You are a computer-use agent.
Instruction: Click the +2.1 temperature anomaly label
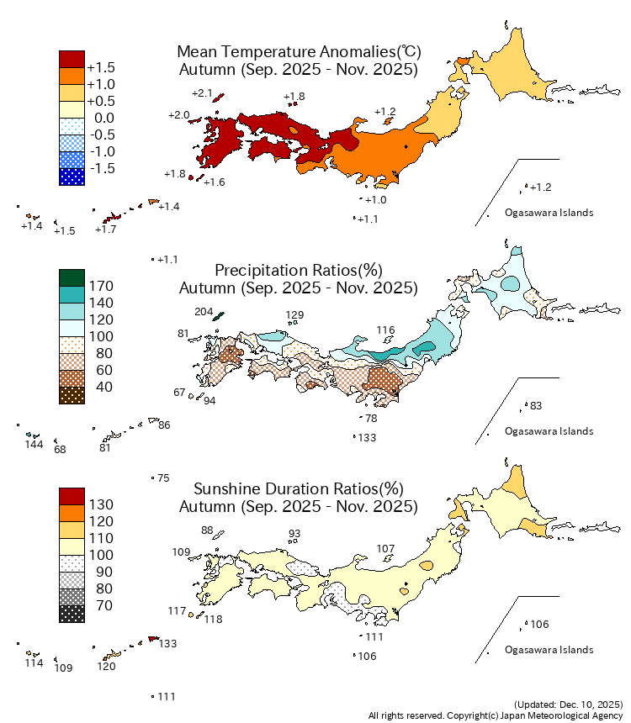[x=202, y=93]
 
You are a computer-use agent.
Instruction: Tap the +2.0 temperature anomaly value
[x=178, y=114]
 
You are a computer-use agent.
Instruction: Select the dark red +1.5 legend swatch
[x=72, y=59]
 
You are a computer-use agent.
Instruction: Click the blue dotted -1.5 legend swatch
[x=72, y=177]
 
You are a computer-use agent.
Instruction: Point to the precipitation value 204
[x=204, y=311]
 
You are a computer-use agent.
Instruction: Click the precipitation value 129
[x=294, y=316]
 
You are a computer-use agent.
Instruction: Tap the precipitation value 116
[x=385, y=330]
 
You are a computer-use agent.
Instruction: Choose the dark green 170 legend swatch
[x=72, y=277]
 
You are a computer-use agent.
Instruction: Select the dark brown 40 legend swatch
[x=72, y=395]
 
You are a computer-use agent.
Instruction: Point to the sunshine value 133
[x=167, y=644]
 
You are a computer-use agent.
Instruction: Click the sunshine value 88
[x=208, y=530]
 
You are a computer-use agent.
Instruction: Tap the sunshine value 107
[x=385, y=549]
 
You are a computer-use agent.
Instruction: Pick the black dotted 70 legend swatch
[x=72, y=614]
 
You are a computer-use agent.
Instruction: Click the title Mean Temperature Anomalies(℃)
[x=299, y=51]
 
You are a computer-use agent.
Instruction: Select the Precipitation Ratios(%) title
[x=299, y=270]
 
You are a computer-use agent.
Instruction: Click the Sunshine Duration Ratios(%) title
[x=299, y=488]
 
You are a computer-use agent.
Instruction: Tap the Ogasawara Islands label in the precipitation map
[x=549, y=431]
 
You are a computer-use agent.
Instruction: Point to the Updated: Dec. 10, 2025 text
[x=568, y=704]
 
